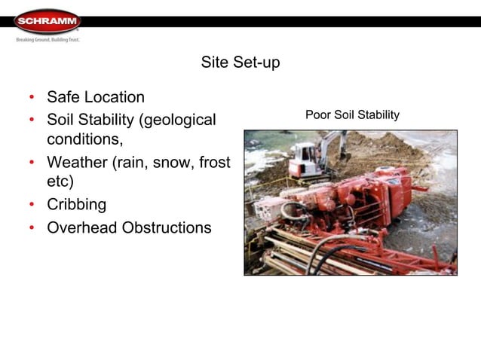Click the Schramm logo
(x=47, y=20)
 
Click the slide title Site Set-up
(x=240, y=63)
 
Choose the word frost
(x=211, y=162)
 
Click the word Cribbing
(x=76, y=205)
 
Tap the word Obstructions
(x=166, y=227)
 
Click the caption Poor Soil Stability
(x=352, y=114)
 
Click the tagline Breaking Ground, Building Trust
(x=47, y=39)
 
